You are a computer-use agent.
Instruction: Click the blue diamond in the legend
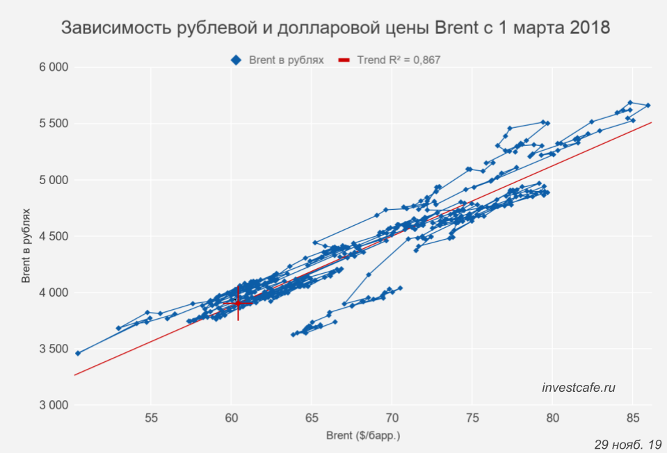(236, 60)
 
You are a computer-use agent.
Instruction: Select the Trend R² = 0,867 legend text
(399, 60)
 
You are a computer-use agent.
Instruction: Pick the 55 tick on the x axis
(151, 418)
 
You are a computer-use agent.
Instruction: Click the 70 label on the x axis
(392, 418)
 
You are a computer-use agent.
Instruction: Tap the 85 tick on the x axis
(632, 418)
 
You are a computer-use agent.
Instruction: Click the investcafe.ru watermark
(579, 388)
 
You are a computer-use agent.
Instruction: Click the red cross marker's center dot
(238, 303)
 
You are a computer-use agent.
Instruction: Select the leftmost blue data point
(78, 353)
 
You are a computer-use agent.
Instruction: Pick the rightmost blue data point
(648, 106)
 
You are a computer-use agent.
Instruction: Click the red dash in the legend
(344, 60)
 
